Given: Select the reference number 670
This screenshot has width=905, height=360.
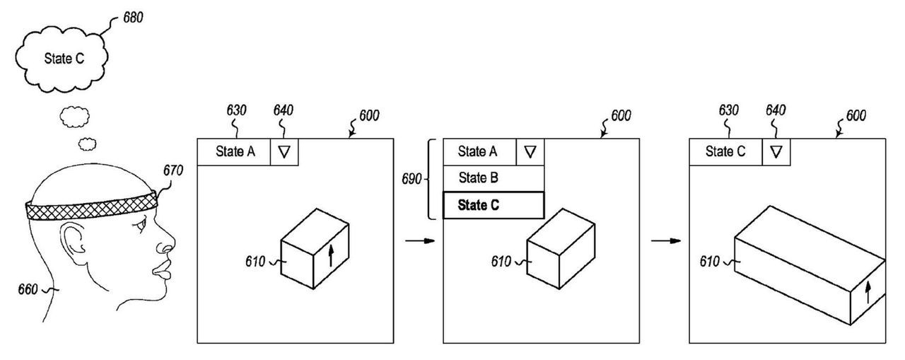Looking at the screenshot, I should pos(173,170).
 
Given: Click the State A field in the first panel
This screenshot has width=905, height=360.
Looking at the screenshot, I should pos(233,151).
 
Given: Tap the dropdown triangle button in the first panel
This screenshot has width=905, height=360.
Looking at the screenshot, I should pos(284,151).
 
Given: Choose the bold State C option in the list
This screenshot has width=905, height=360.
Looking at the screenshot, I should pos(494,205).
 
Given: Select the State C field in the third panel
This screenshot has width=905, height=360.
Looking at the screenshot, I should pos(725,151).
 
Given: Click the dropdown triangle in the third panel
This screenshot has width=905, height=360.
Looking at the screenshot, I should pos(776,151).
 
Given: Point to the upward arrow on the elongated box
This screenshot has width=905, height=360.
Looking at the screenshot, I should pos(868,290).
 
